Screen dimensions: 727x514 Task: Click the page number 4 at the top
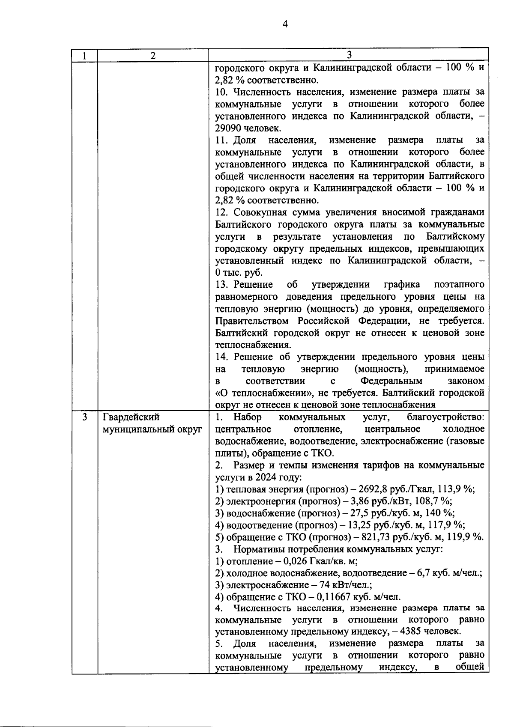pyautogui.click(x=285, y=24)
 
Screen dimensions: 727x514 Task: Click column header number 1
pyautogui.click(x=84, y=56)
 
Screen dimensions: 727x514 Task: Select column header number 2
pyautogui.click(x=153, y=56)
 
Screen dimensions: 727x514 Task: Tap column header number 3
pyautogui.click(x=349, y=55)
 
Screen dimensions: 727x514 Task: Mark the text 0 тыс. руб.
pyautogui.click(x=239, y=273)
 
